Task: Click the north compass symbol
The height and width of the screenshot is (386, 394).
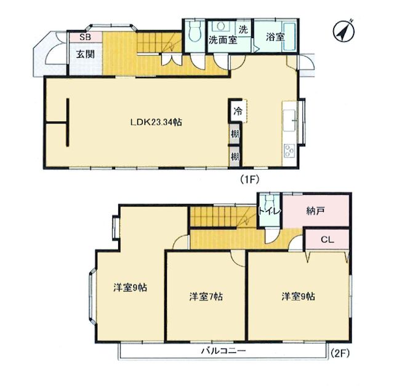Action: pyautogui.click(x=344, y=31)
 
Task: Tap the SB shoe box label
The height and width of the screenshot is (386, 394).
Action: pyautogui.click(x=85, y=37)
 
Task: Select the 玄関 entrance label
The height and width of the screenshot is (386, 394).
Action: pyautogui.click(x=85, y=54)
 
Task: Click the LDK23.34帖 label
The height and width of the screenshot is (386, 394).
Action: pyautogui.click(x=156, y=122)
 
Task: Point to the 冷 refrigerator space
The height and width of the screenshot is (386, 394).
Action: pyautogui.click(x=237, y=111)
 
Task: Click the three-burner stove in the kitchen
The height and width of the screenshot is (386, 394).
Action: pyautogui.click(x=290, y=151)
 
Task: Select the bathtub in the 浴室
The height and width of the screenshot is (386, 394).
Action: pyautogui.click(x=289, y=36)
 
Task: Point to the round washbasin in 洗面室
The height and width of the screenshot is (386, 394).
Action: pyautogui.click(x=221, y=26)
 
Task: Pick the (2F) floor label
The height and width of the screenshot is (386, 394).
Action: pyautogui.click(x=339, y=353)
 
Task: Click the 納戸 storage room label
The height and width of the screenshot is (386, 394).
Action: pyautogui.click(x=316, y=211)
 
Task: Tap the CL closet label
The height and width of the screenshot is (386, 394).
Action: pyautogui.click(x=328, y=240)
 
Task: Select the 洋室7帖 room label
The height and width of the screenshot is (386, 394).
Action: pyautogui.click(x=206, y=297)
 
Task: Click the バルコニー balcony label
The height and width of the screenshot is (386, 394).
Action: pyautogui.click(x=223, y=350)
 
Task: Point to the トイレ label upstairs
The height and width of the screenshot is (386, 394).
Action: pyautogui.click(x=269, y=211)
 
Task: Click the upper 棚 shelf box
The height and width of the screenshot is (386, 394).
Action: pyautogui.click(x=235, y=134)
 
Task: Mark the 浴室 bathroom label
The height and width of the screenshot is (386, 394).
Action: pyautogui.click(x=275, y=37)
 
